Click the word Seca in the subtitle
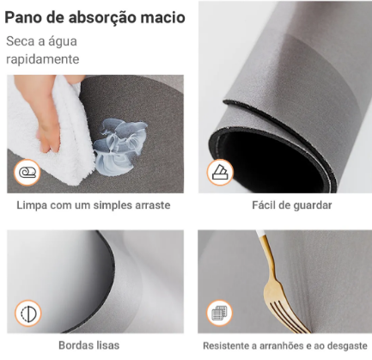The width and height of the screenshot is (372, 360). pos(21,41)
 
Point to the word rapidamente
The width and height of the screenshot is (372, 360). pos(42,59)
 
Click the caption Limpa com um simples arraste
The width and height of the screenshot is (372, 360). pos(94,206)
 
